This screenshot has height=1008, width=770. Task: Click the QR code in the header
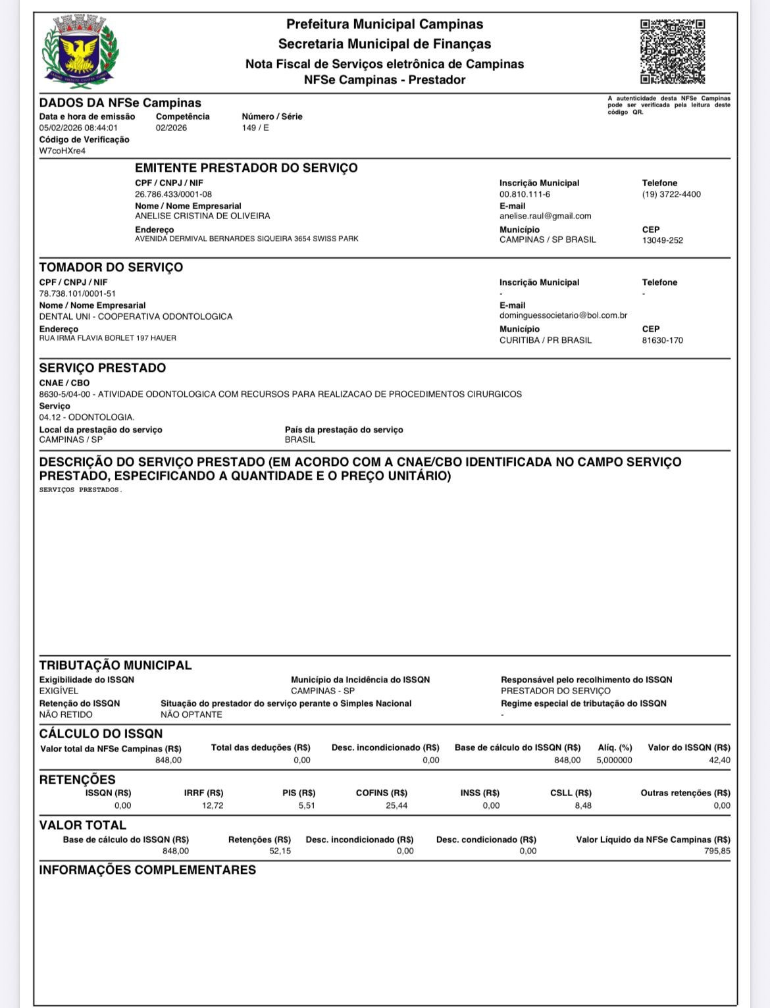[673, 52]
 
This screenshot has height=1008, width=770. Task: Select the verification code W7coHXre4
[63, 151]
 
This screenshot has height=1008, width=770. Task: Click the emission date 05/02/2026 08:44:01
[78, 128]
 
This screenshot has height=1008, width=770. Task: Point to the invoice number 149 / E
[255, 128]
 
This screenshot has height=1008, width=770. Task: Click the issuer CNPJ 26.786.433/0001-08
[173, 194]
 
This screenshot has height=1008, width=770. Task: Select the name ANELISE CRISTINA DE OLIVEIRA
[202, 216]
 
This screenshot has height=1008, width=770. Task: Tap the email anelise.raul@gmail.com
[545, 216]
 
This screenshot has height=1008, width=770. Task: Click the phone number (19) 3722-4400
[671, 194]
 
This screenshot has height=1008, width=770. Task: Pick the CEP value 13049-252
[662, 240]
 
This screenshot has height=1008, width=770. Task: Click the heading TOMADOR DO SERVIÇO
[111, 267]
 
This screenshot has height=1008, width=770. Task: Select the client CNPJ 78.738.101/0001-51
[77, 293]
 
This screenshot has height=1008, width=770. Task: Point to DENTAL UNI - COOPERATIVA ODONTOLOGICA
[136, 316]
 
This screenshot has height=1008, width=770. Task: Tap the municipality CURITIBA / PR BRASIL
[545, 340]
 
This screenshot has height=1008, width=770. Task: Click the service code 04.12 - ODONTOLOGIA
[86, 417]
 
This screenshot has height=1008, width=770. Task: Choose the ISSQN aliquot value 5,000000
[614, 760]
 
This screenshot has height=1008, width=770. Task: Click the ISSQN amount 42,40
[720, 760]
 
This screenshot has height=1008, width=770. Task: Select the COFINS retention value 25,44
[396, 805]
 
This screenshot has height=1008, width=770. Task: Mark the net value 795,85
[717, 851]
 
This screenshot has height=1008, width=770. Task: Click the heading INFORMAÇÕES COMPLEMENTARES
[147, 870]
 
